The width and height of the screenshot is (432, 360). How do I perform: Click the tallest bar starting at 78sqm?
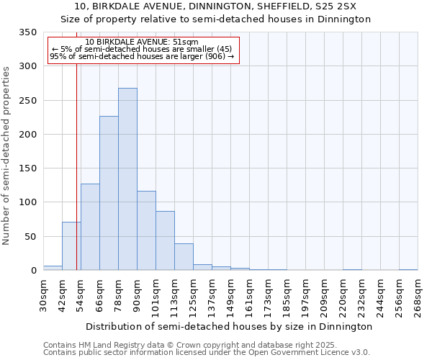[127, 179]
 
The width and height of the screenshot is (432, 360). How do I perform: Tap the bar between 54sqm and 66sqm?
[90, 227]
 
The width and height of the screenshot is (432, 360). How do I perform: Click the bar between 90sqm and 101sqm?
[146, 230]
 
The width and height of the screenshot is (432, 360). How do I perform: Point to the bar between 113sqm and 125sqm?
[184, 257]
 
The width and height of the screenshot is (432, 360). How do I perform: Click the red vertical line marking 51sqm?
[76, 144]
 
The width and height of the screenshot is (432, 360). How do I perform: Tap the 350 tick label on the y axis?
[27, 32]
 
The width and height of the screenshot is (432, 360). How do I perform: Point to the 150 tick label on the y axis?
[27, 168]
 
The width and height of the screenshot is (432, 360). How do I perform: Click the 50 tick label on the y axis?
[30, 236]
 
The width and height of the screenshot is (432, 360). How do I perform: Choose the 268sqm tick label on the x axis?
[418, 295]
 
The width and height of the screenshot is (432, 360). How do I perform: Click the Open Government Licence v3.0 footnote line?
[206, 353]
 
